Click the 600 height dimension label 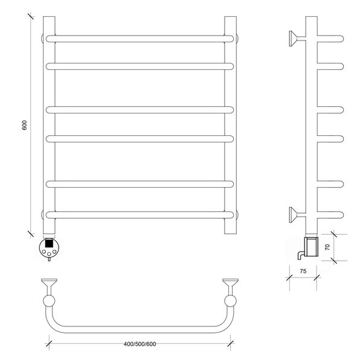coord(25,125)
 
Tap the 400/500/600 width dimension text coord(140,344)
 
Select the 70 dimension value coord(327,247)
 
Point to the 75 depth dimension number coord(303,271)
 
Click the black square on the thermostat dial coord(49,243)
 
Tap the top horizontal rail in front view coord(140,39)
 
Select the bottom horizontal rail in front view coord(140,215)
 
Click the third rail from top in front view coord(140,110)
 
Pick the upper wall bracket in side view coord(297,39)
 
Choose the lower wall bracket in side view coord(297,215)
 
